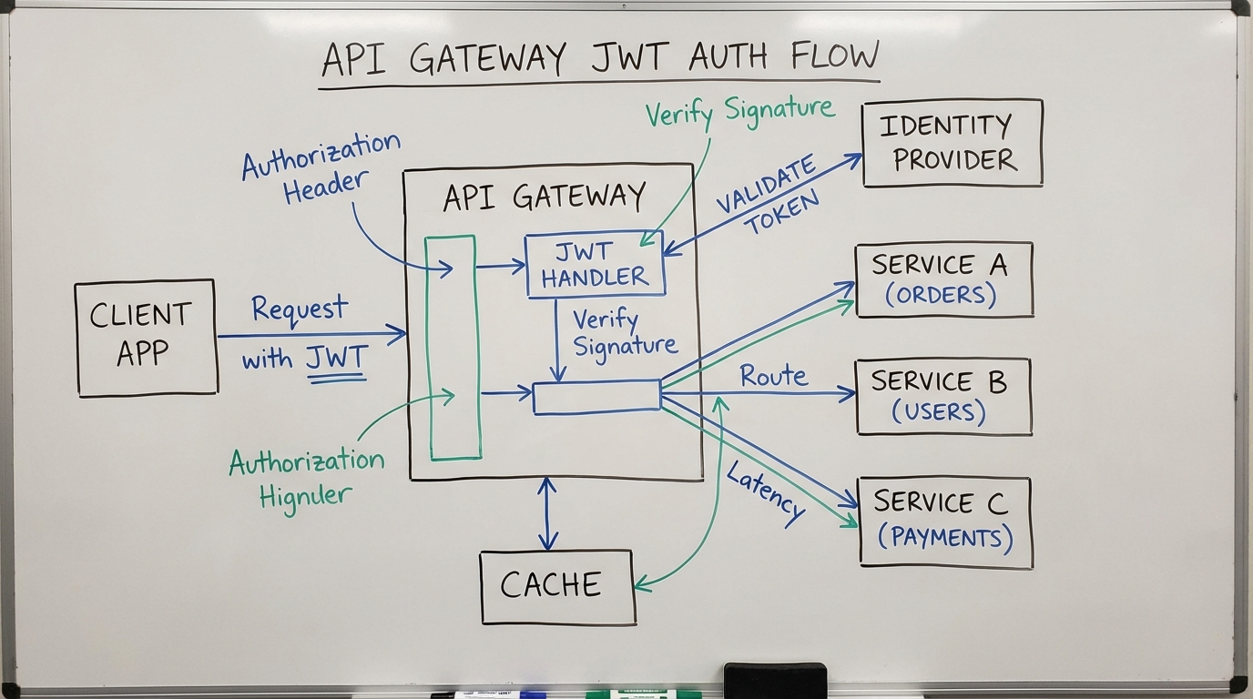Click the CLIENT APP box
146,338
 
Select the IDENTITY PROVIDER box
952,143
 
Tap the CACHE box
557,586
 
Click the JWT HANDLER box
596,265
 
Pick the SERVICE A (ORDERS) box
944,279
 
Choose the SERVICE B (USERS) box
943,397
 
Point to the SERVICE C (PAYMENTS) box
945,522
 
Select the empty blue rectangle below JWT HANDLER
596,398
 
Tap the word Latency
766,491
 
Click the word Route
773,376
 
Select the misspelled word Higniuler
304,497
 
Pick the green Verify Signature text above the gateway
739,111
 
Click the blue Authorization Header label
321,168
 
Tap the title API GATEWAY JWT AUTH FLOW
600,58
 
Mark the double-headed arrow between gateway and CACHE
547,514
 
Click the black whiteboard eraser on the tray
775,680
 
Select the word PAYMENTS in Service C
945,537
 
